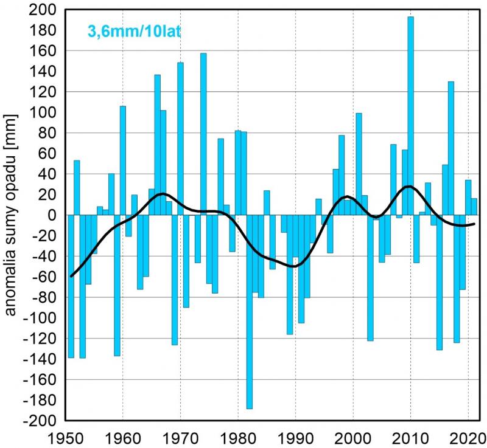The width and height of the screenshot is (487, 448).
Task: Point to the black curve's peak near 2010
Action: [408, 186]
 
